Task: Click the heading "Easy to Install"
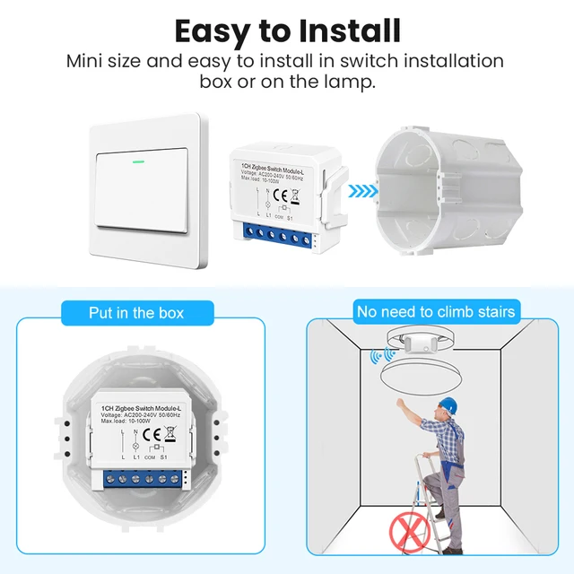click(x=287, y=30)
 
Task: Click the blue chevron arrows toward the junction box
click(x=361, y=190)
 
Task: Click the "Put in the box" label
click(x=136, y=312)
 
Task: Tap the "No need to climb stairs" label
click(x=436, y=312)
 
